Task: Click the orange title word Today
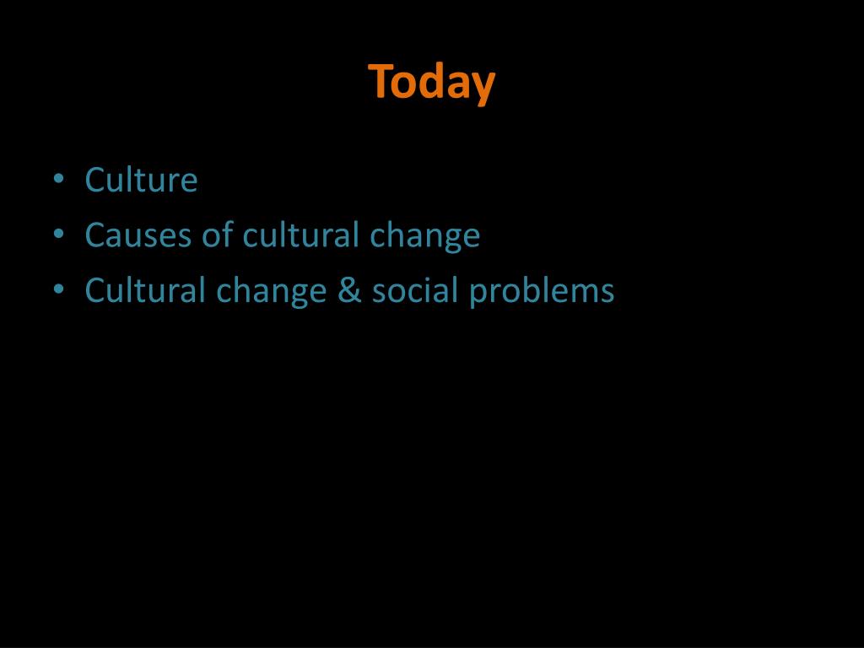coord(431,83)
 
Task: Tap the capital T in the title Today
coord(379,81)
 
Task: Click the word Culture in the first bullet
coord(141,180)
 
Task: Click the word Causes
coord(138,235)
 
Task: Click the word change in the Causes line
coord(424,236)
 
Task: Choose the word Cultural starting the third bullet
coord(145,290)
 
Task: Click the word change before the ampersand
coord(272,292)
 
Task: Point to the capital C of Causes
coord(94,235)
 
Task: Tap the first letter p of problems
coord(478,294)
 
